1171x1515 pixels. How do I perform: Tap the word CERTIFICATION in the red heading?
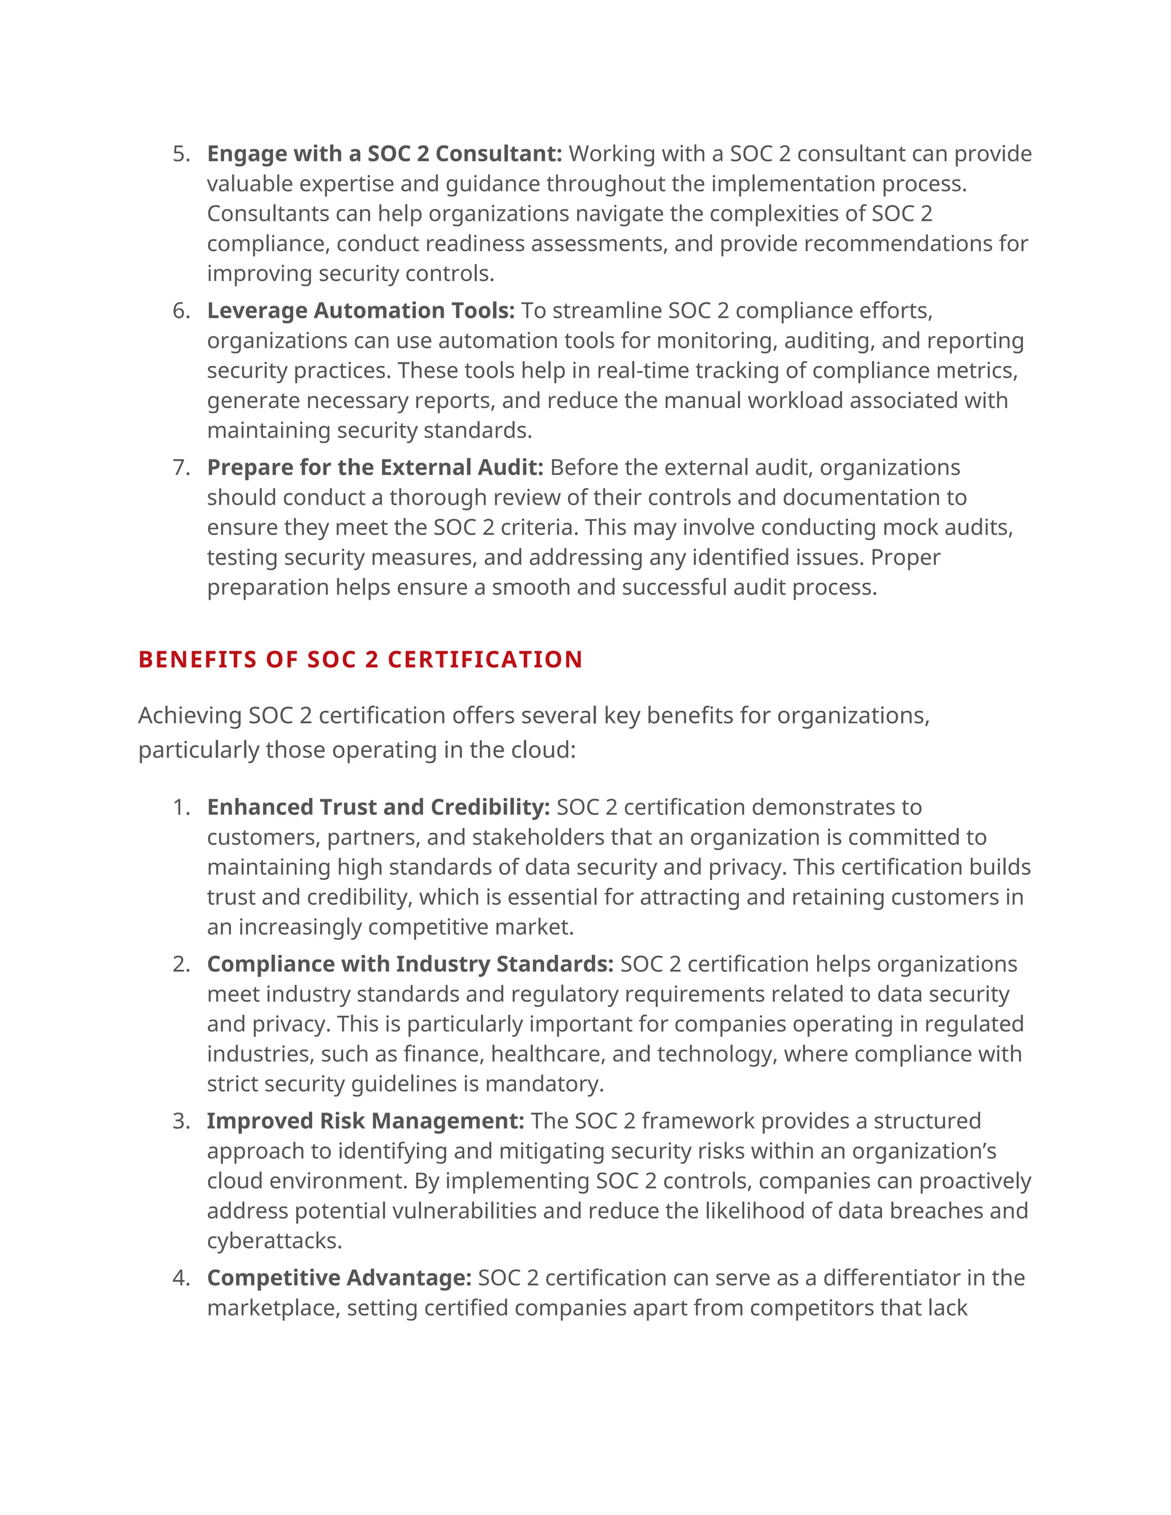tap(485, 660)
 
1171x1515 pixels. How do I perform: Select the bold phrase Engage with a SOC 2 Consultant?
tap(384, 153)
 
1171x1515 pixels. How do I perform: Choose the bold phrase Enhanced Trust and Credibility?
tap(378, 807)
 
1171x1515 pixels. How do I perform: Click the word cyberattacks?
tap(274, 1241)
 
